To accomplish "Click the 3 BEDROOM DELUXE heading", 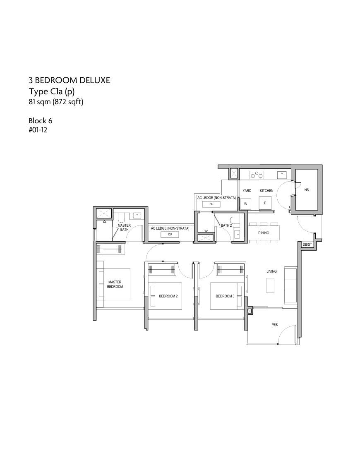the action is click(69, 80).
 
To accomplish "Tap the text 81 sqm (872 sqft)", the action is click(56, 102).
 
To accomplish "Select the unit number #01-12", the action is click(38, 129).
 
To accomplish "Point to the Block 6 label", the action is click(41, 120).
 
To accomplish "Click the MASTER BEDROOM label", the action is click(115, 284).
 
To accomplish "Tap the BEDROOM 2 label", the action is click(168, 296).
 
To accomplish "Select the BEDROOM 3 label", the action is click(225, 296).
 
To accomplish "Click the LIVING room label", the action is click(272, 271).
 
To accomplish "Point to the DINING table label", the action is click(264, 233).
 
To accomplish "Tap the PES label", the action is click(275, 325).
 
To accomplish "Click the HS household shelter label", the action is click(307, 190).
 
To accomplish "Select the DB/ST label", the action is click(307, 244).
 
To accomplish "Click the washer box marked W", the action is click(245, 204).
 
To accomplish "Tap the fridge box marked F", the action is click(265, 203).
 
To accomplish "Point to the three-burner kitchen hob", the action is click(257, 175).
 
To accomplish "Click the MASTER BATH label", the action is click(124, 228).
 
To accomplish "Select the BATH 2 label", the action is click(226, 225).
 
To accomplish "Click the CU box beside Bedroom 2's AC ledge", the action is click(170, 235).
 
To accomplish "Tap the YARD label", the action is click(247, 191).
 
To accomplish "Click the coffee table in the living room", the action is click(270, 285).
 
